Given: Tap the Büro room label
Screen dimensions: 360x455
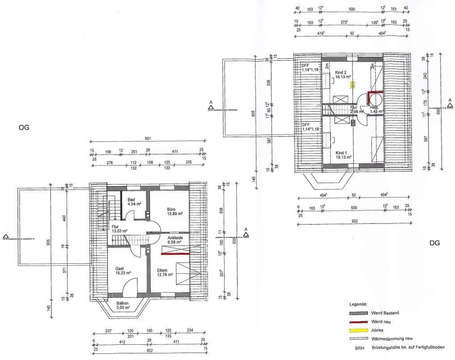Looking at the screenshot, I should [x=171, y=209].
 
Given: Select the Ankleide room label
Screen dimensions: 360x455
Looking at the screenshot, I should [x=175, y=238].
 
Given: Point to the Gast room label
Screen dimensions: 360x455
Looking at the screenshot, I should [x=119, y=268].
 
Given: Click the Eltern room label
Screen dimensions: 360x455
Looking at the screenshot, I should [x=162, y=270].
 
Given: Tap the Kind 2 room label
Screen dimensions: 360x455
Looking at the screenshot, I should [x=341, y=72].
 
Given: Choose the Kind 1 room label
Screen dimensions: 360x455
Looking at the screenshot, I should [x=341, y=153].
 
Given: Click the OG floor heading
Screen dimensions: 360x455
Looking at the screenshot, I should [x=24, y=128].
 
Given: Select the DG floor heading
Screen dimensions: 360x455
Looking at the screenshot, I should [x=434, y=243].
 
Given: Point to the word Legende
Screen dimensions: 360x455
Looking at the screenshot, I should [x=358, y=304].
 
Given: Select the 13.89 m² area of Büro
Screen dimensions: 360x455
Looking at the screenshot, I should [x=174, y=214].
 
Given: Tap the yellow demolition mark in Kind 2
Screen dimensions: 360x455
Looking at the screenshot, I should [x=353, y=84].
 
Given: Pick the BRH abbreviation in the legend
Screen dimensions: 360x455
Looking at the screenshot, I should [x=360, y=348].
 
